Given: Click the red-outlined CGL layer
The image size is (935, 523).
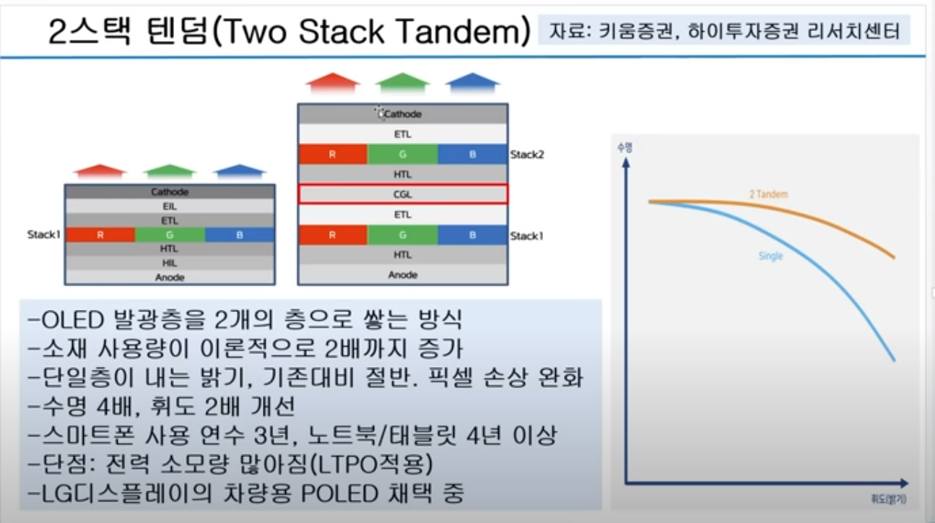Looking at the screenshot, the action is (403, 194).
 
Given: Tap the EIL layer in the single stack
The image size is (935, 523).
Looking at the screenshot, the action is (170, 206).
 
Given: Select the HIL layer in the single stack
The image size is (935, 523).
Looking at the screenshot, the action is (170, 263).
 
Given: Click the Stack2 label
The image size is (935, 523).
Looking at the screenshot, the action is (527, 155).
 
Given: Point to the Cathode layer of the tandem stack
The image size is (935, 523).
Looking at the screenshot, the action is (403, 113).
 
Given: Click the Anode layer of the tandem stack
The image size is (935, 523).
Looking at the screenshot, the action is (403, 275).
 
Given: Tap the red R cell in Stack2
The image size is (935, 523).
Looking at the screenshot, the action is (333, 154).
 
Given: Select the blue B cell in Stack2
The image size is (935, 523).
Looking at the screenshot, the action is (473, 154).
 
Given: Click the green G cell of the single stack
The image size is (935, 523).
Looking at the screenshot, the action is (170, 235).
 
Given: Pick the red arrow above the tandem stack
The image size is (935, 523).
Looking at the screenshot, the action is (333, 82).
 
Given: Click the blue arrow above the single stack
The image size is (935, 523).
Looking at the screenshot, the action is (239, 171).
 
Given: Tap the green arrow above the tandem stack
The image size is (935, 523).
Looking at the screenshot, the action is (402, 82).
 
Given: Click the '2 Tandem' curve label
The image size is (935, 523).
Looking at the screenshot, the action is (769, 194).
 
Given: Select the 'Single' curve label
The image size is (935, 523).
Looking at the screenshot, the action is (770, 256).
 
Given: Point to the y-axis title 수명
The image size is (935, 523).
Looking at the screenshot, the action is (625, 147).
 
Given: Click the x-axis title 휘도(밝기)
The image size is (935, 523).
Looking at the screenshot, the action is (889, 498).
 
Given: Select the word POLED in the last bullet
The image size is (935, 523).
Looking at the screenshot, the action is (340, 493).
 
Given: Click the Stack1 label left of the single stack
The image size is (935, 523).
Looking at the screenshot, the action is (44, 235).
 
